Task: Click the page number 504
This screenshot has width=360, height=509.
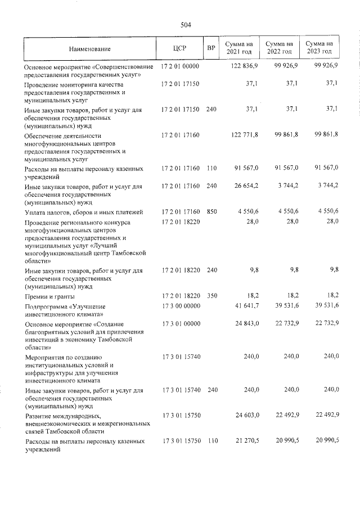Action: (x=186, y=25)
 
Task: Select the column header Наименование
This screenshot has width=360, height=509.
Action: (x=90, y=49)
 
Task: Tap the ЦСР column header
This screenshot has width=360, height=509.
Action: (x=180, y=49)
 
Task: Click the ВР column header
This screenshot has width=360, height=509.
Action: (x=211, y=49)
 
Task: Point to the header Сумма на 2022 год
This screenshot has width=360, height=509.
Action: (x=279, y=48)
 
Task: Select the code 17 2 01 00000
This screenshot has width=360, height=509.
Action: (x=181, y=66)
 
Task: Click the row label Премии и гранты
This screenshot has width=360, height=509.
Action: (x=49, y=296)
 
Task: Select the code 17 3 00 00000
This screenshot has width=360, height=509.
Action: (x=181, y=307)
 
